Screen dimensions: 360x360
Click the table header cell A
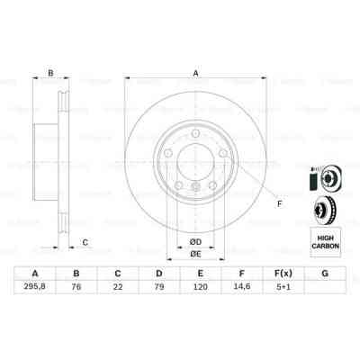click(x=35, y=274)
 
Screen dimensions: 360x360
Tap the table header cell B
click(x=76, y=274)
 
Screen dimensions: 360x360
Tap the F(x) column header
click(x=282, y=274)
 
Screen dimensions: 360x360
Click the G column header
click(x=323, y=274)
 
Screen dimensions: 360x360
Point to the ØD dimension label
click(x=195, y=240)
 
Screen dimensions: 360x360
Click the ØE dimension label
click(x=195, y=255)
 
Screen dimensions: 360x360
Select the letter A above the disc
click(x=195, y=75)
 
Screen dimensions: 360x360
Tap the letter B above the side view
click(x=51, y=75)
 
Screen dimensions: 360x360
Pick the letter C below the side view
click(x=85, y=241)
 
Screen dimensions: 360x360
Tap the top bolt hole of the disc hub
click(x=196, y=135)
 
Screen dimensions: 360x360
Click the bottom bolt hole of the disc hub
click(x=196, y=186)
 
